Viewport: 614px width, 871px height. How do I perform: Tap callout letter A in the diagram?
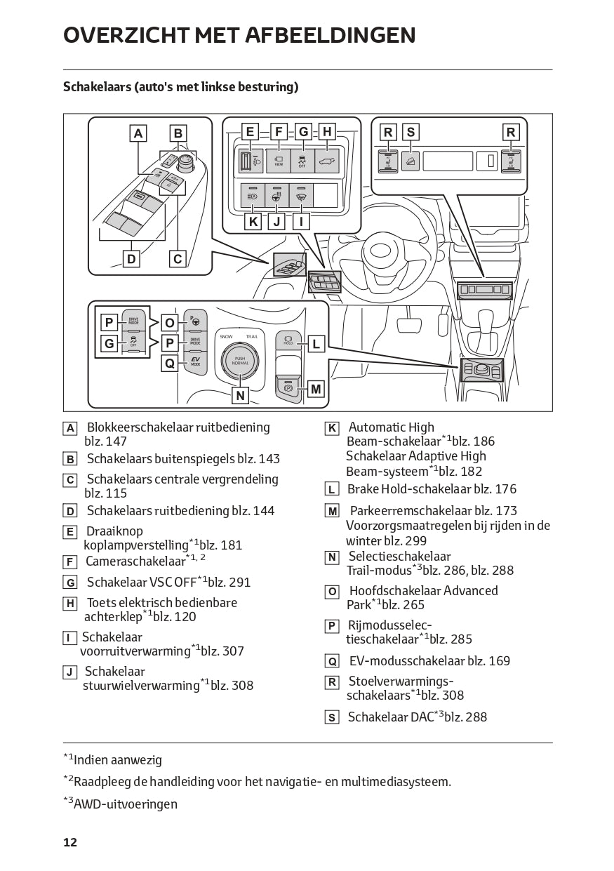(x=138, y=133)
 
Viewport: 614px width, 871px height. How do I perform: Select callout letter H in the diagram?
(x=326, y=131)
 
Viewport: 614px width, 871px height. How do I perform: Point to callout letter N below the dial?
(x=240, y=395)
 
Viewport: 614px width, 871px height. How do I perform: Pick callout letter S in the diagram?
(x=411, y=132)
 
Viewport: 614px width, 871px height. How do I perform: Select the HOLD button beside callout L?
(x=287, y=340)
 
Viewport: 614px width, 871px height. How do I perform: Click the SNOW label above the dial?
(x=226, y=337)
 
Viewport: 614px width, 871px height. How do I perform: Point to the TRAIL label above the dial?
(x=252, y=337)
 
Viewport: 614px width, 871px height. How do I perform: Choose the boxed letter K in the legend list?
(x=332, y=428)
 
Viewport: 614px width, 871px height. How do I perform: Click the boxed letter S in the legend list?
(x=332, y=717)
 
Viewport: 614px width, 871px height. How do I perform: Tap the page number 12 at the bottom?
(x=70, y=842)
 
